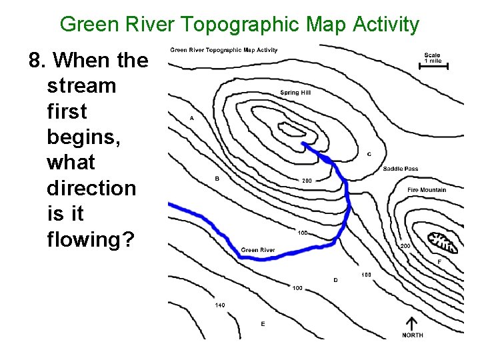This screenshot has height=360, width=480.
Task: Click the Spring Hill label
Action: click(295, 93)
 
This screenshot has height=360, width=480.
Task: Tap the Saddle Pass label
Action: click(401, 169)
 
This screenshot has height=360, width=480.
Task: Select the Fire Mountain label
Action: click(427, 190)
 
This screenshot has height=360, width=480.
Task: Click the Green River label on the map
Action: click(258, 250)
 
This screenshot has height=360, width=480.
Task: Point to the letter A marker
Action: click(192, 118)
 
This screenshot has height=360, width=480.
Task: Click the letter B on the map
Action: click(217, 179)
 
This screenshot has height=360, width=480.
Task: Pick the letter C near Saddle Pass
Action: click(369, 154)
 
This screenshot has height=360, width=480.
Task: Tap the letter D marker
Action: click(335, 280)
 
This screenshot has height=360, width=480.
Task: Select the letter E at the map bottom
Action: click(263, 324)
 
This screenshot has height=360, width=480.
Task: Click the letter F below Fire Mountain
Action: click(439, 261)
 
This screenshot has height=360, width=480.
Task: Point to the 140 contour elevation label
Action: click(219, 305)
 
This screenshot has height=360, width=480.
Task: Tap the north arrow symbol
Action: click(412, 323)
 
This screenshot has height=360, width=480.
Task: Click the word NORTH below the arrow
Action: click(412, 335)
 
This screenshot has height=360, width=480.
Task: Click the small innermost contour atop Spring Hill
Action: click(291, 129)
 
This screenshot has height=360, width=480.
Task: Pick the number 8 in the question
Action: click(35, 61)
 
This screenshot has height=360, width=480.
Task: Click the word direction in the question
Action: click(91, 188)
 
